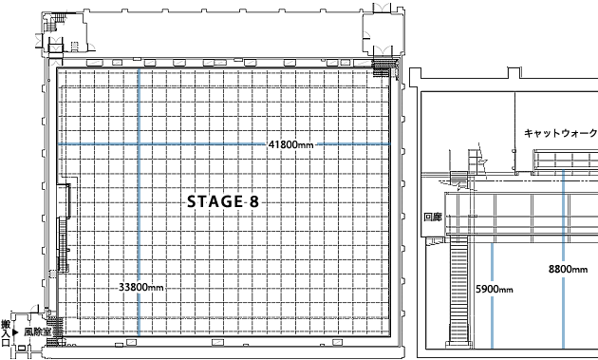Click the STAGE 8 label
tap(223, 201)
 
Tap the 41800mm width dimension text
tap(290, 144)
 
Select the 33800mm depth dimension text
tap(140, 287)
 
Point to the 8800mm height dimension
tap(568, 269)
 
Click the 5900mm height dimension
tap(494, 290)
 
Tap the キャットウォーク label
tap(560, 133)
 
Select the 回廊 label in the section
tap(433, 218)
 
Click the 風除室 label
tap(37, 332)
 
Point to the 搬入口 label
tap(6, 333)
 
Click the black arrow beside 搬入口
tap(15, 332)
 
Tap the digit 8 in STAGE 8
tap(254, 201)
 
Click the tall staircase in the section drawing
tap(458, 290)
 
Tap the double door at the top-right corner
tap(382, 8)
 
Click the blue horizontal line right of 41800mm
tap(354, 144)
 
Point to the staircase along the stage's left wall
tap(63, 245)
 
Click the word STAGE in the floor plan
tap(215, 201)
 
